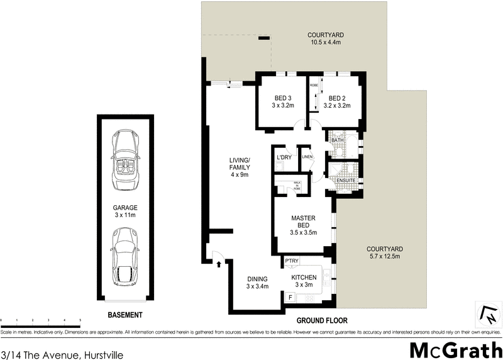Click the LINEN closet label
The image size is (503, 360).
[307, 157]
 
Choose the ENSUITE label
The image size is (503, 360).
[346, 181]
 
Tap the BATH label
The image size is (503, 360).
[337, 140]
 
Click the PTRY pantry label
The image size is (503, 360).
[291, 261]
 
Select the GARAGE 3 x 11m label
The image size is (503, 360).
[125, 211]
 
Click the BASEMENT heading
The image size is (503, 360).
[124, 315]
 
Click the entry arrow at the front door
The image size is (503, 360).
[219, 264]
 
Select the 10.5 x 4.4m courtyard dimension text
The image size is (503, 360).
[325, 43]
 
